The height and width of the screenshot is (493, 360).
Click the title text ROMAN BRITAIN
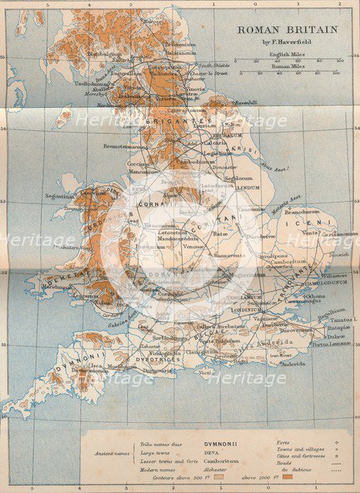[275, 29]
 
